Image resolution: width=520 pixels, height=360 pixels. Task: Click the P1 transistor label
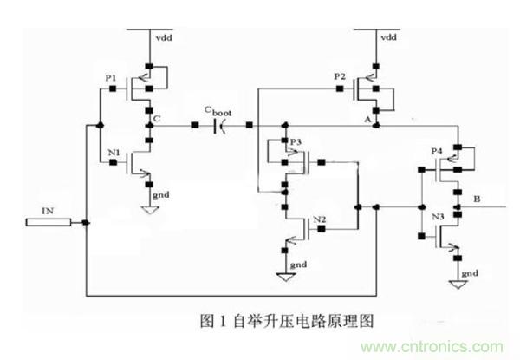(x=110, y=79)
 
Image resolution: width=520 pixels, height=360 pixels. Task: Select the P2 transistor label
(x=340, y=77)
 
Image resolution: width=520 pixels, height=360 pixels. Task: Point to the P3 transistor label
(x=296, y=141)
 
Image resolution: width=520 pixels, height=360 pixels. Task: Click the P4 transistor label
(x=437, y=151)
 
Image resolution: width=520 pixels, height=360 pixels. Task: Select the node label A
(x=367, y=116)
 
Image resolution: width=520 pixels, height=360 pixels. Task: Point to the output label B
(x=476, y=199)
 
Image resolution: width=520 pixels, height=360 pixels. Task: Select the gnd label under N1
(x=161, y=196)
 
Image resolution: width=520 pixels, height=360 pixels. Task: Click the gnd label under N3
(x=469, y=273)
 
